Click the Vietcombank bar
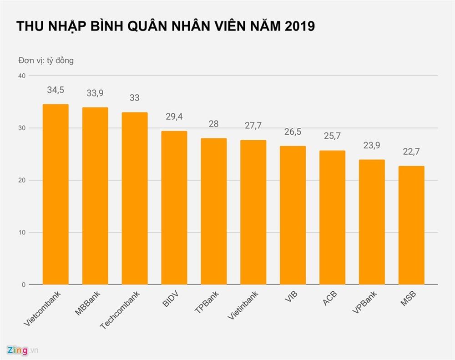[56, 194]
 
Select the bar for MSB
[411, 225]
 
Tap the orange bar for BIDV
[174, 208]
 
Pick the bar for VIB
[293, 215]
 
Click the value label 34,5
[56, 90]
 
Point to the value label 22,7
[411, 152]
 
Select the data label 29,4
[174, 117]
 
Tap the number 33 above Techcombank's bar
[134, 98]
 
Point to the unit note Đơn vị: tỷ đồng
[45, 60]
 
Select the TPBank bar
[214, 211]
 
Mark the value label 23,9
[372, 146]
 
